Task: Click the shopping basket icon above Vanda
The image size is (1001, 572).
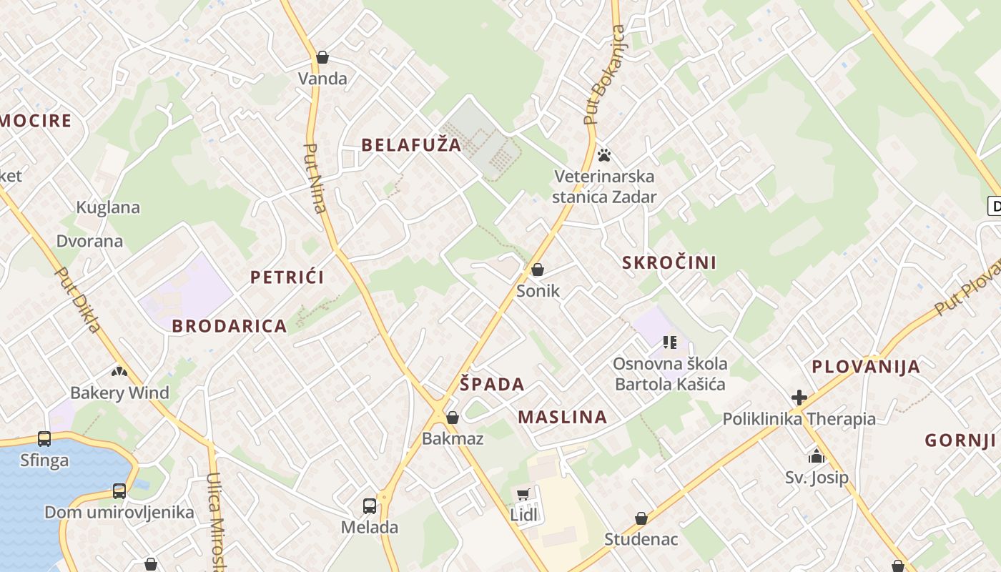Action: tap(322, 57)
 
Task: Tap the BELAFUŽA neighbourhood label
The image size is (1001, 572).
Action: tap(411, 145)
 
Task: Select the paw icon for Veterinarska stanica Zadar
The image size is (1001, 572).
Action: tap(604, 154)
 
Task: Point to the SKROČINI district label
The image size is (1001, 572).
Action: tap(669, 262)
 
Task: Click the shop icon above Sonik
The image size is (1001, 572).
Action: tap(538, 270)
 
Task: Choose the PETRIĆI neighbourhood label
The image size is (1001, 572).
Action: tap(287, 277)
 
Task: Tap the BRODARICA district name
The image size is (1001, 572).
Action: tap(229, 326)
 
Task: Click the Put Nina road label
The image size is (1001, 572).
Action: tap(315, 179)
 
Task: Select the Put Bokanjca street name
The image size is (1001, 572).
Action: tap(604, 75)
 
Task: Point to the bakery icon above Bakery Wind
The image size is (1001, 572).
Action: tap(119, 371)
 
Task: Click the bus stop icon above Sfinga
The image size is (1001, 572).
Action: tap(44, 438)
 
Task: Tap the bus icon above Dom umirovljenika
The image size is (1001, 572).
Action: tap(119, 491)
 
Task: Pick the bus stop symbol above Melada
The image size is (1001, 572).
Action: tap(369, 506)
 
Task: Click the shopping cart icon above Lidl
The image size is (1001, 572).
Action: tap(523, 494)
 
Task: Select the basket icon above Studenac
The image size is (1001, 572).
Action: tap(641, 518)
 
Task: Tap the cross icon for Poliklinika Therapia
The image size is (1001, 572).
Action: tap(799, 398)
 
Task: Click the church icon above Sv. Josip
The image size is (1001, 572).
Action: tap(817, 455)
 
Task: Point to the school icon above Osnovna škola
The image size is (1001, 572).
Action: tap(670, 342)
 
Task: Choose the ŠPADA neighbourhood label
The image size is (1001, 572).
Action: tap(492, 384)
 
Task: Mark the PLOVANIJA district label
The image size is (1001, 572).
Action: tap(865, 368)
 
